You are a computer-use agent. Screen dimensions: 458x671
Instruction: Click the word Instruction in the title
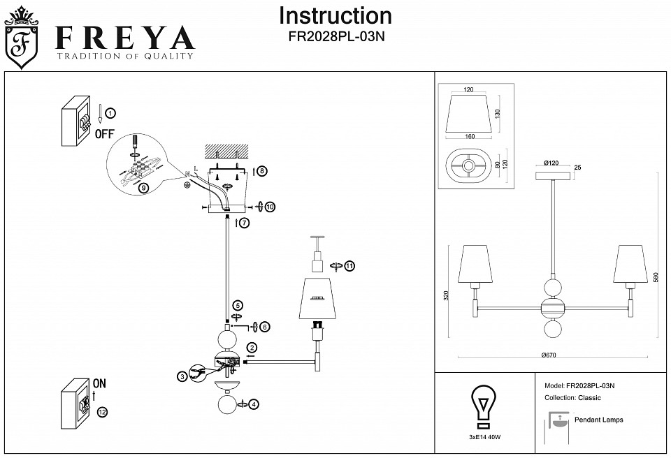335,16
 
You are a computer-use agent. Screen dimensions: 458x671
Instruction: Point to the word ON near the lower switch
99,384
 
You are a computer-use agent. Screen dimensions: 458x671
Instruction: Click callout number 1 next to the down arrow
111,112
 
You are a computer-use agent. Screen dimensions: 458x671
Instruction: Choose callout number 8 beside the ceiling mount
261,171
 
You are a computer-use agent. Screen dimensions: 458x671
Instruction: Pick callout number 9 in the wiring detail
143,188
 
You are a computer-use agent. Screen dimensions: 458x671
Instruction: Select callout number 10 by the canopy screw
270,207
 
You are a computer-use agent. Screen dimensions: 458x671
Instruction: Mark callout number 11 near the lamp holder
349,265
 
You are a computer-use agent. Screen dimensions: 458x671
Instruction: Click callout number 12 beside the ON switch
103,413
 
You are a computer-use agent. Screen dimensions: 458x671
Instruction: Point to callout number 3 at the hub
182,376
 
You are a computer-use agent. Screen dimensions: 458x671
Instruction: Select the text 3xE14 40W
484,437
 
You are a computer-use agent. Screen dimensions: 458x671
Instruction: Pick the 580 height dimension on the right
656,276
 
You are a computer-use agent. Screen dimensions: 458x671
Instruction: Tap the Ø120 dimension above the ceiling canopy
553,163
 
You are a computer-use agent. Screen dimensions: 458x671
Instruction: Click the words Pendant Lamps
598,420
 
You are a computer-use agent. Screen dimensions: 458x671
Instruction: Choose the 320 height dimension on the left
447,295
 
